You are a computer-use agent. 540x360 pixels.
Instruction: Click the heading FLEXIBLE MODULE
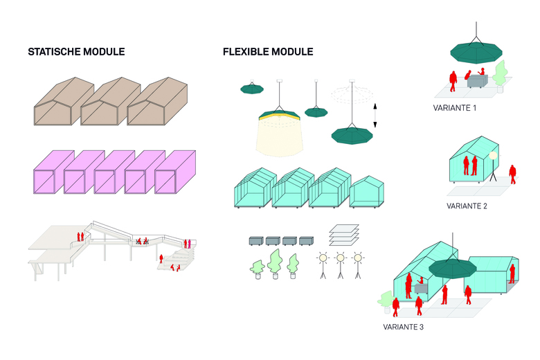coord(268,52)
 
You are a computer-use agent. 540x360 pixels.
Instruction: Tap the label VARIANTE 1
coord(455,109)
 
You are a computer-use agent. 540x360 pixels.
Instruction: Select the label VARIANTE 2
coord(468,206)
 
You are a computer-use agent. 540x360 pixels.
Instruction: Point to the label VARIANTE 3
coord(403,326)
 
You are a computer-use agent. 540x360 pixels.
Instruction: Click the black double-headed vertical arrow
coord(375,115)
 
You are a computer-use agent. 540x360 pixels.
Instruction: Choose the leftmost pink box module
coord(48,171)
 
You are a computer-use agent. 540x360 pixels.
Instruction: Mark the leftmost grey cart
coord(258,242)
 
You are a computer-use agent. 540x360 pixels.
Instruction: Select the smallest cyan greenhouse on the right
coord(367,192)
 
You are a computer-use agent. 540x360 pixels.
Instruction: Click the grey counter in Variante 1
coord(478,82)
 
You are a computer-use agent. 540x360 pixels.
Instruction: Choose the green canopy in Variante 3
coord(453,267)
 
